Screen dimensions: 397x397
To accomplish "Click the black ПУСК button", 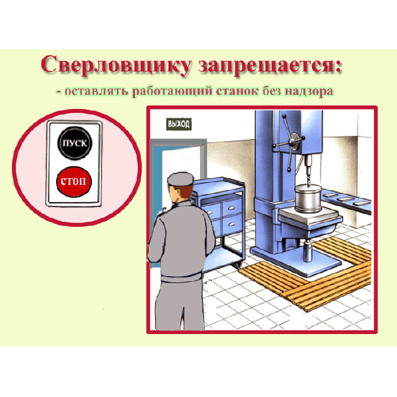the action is (x=75, y=143).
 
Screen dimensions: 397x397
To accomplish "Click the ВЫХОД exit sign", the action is (x=179, y=124).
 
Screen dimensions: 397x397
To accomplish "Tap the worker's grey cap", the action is (x=180, y=179).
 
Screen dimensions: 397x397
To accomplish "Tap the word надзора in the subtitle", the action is (x=309, y=92).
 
